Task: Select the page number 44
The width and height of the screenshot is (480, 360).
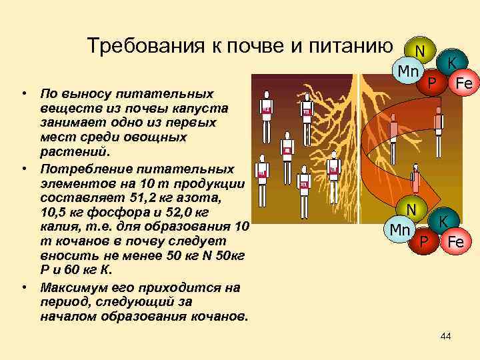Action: [445, 337]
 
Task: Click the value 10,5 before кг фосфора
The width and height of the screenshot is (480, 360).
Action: [55, 213]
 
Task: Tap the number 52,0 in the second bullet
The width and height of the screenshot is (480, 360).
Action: [173, 213]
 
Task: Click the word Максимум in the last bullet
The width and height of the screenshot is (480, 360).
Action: [71, 287]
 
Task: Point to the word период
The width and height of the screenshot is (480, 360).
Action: [62, 301]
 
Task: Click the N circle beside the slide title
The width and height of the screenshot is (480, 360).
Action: [419, 51]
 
